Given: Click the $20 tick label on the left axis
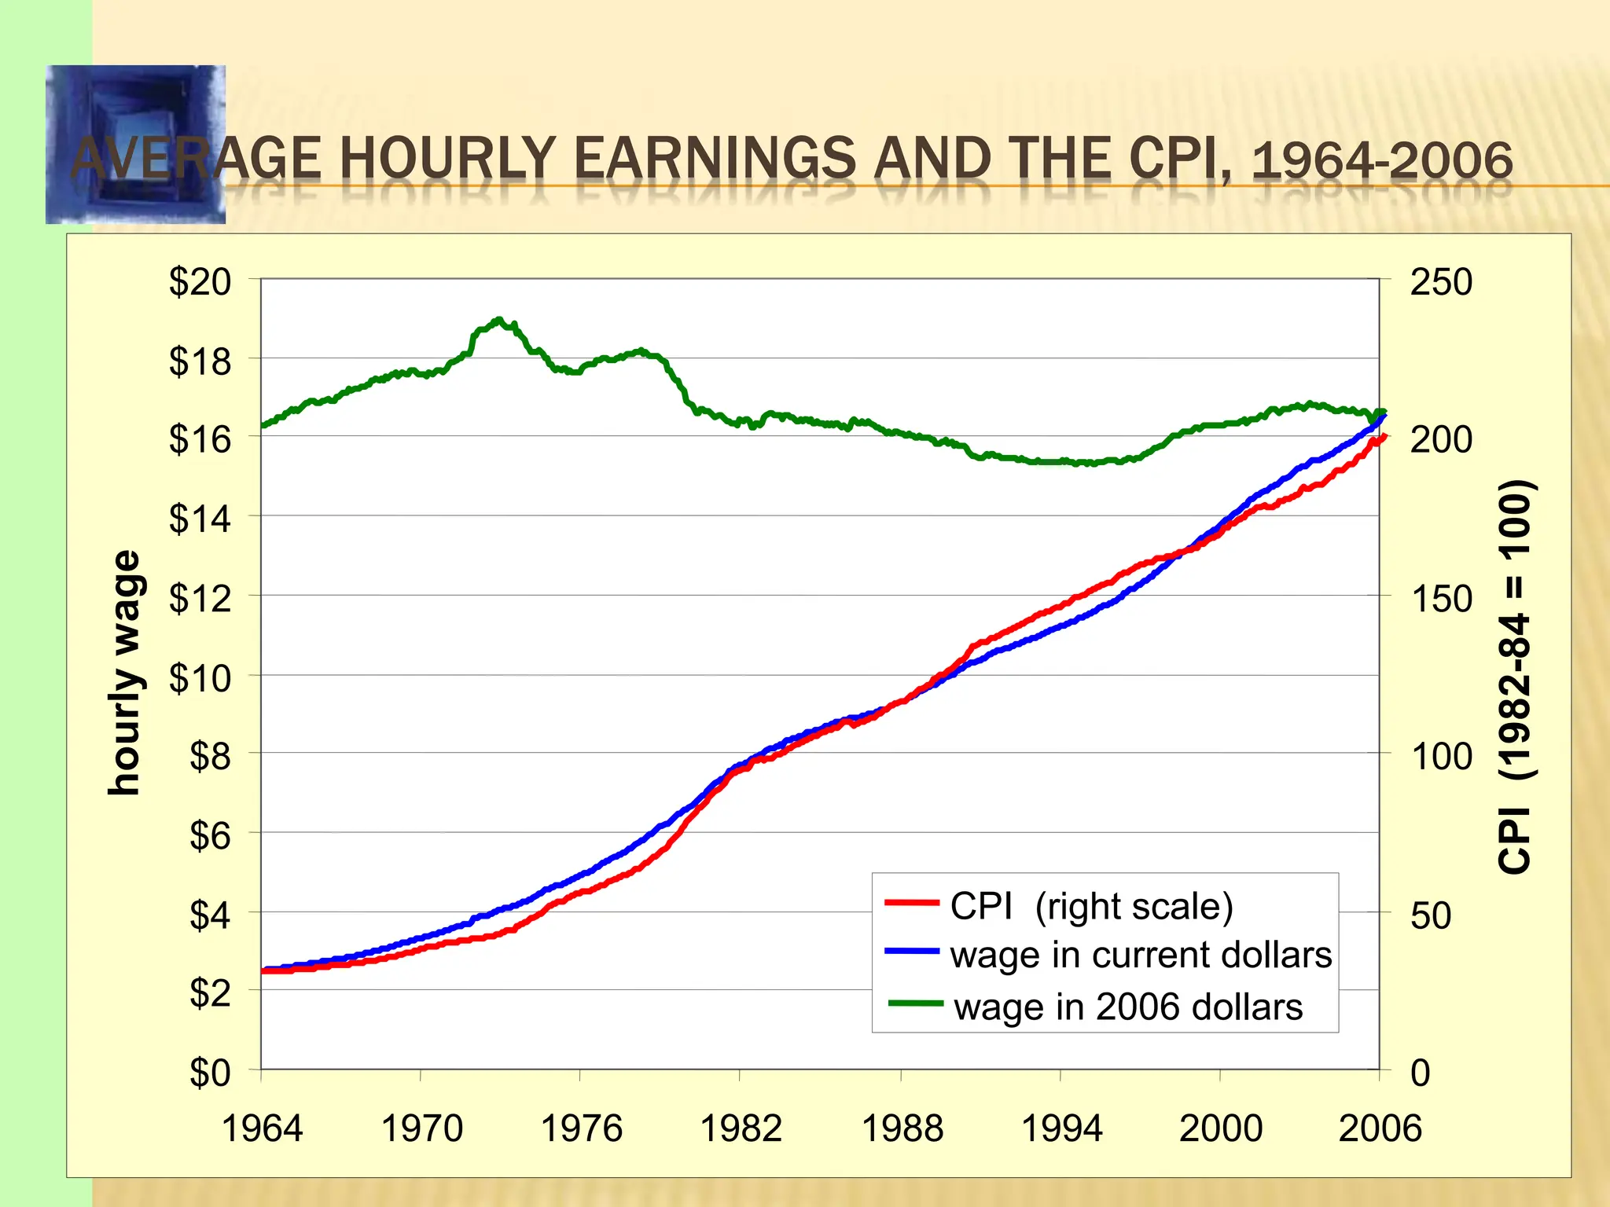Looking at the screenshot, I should tap(200, 281).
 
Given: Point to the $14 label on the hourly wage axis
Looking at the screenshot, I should tap(200, 519).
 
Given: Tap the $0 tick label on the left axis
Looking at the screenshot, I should tap(209, 1072).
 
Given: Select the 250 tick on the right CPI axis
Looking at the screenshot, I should tap(1440, 282).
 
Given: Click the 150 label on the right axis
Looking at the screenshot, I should tap(1440, 599).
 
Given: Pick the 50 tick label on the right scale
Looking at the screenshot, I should tap(1430, 915).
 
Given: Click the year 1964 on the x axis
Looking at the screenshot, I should tap(262, 1128).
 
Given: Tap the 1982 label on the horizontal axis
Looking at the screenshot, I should tap(741, 1128).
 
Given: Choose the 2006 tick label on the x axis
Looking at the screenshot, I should tap(1380, 1128).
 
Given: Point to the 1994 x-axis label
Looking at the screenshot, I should tap(1061, 1128).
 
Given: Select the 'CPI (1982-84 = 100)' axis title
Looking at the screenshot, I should tap(1515, 676).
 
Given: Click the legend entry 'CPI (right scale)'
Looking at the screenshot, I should tap(1091, 906).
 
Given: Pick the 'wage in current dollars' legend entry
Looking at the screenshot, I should tap(1140, 955).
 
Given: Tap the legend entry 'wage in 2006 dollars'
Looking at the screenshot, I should tap(1127, 1007).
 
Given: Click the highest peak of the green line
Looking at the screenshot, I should tap(498, 320).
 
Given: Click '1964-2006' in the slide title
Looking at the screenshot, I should tap(1381, 160).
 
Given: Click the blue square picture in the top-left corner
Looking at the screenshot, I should tap(135, 144).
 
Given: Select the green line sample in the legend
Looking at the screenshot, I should tap(915, 1003).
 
